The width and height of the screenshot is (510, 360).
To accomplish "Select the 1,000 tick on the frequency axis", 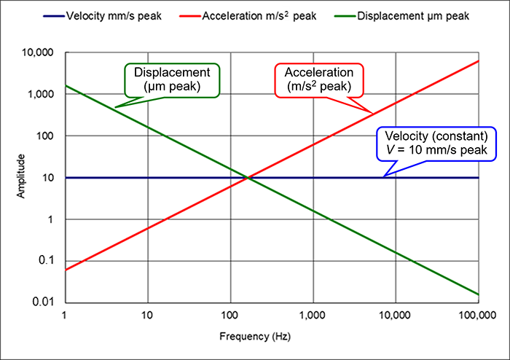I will pos(313,316).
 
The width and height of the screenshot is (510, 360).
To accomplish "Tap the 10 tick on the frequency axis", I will pos(148,316).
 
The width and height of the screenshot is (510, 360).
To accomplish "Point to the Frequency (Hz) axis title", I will pos(271,337).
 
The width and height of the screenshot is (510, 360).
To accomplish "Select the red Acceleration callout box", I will pos(318,79).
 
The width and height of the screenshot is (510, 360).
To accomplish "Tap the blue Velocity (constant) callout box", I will pos(435,143).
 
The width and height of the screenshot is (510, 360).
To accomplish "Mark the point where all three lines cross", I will pos(248,178).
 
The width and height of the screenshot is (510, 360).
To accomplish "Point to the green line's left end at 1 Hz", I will pos(66,86).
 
